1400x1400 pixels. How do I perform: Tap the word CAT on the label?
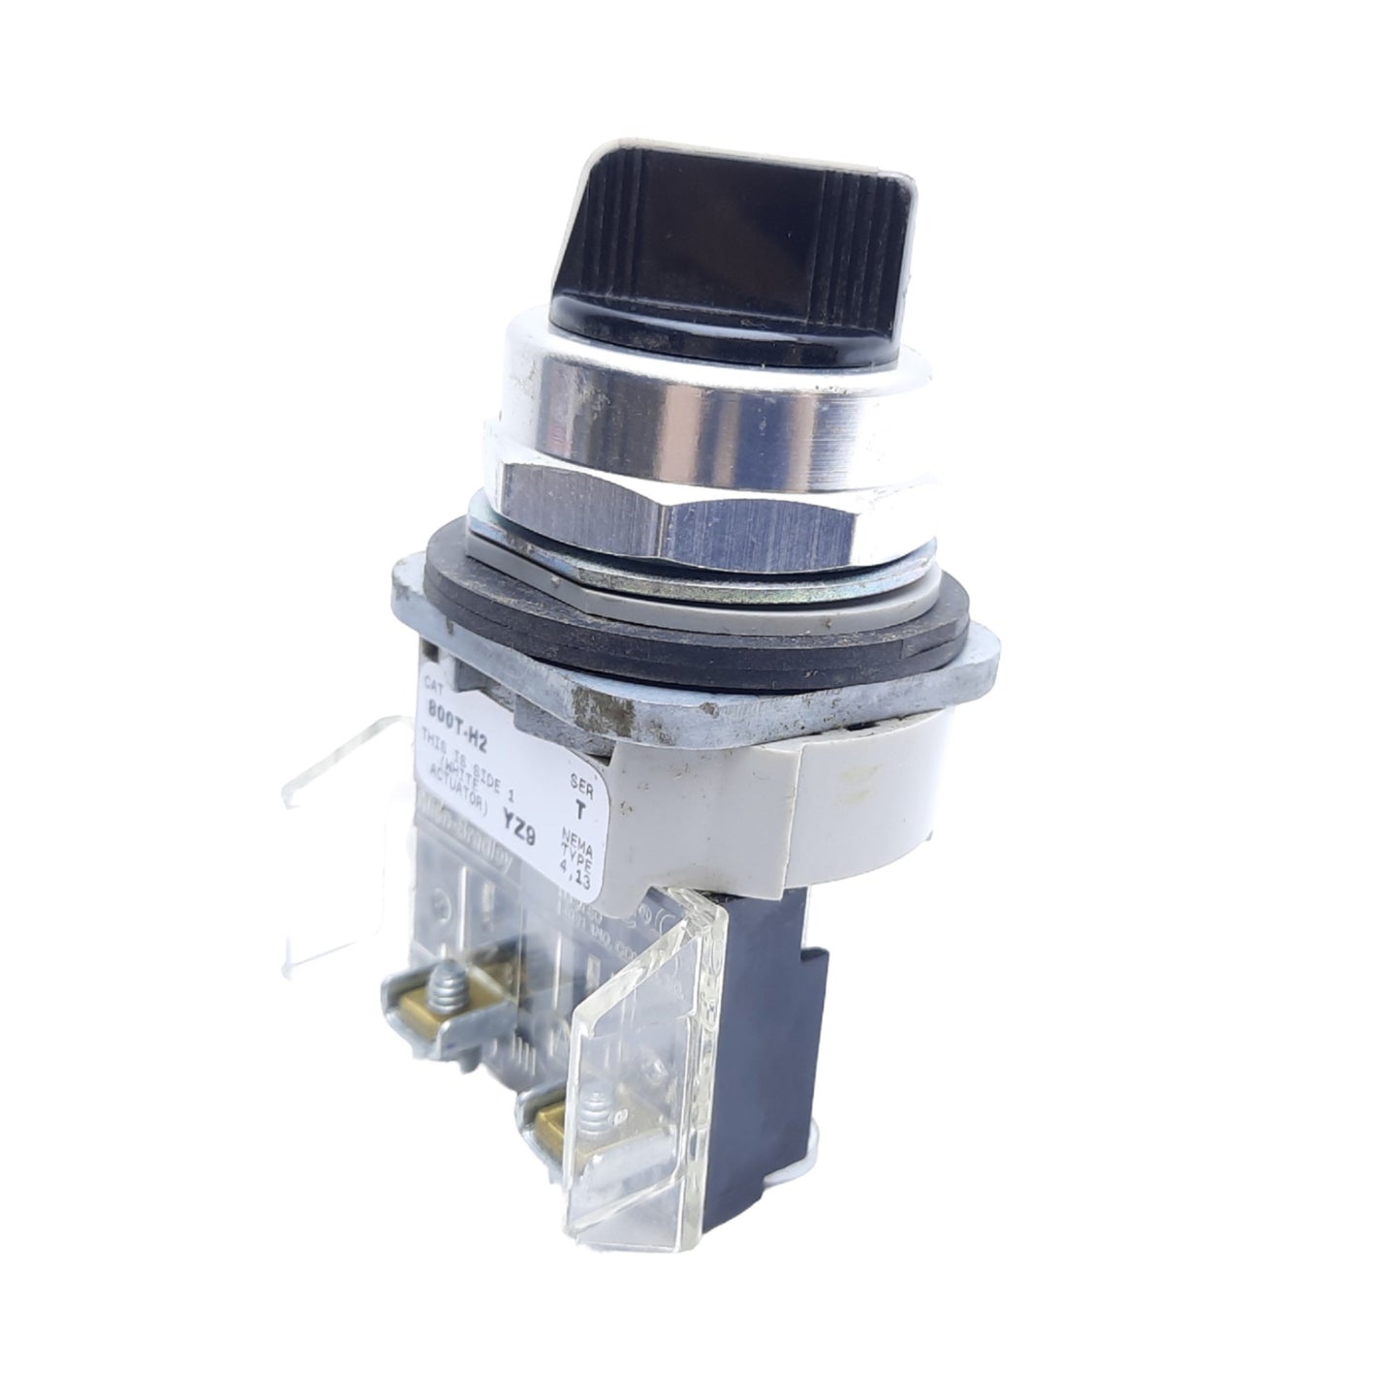point(435,682)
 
